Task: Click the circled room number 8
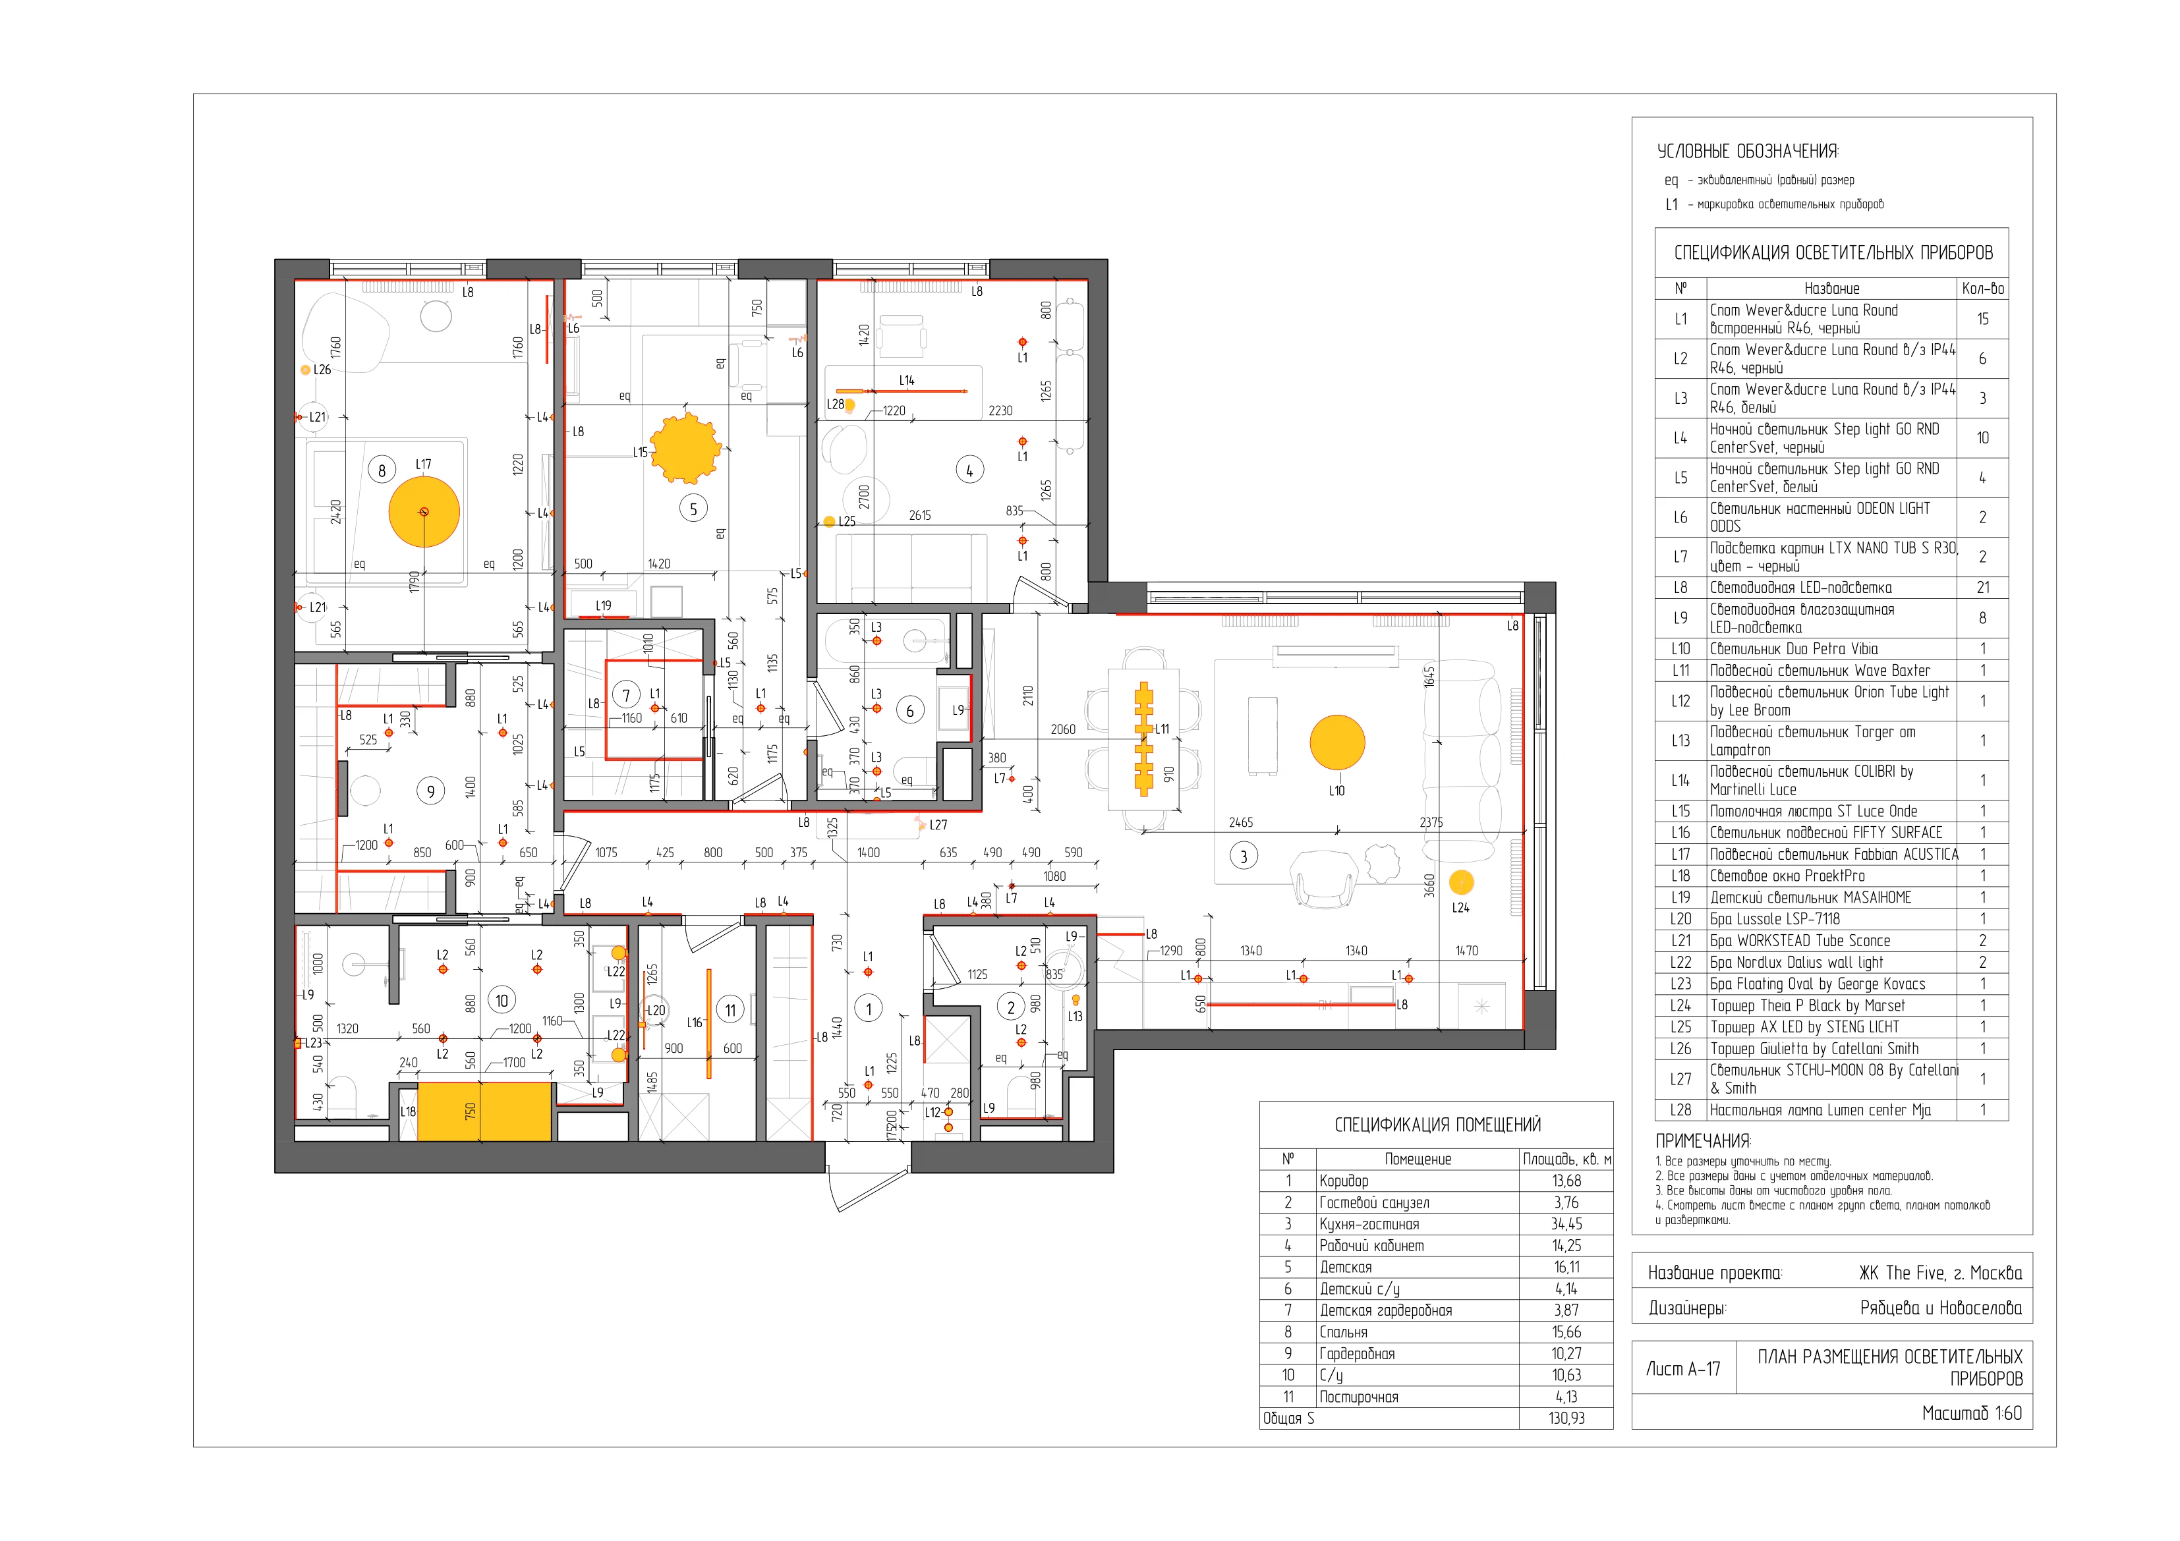coord(382,470)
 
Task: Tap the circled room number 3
coord(1244,856)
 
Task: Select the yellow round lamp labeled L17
coord(424,512)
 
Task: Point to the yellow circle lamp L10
coord(1337,742)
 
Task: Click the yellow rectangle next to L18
coord(484,1111)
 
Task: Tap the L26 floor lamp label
coord(323,370)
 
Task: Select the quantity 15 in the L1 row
coord(1982,319)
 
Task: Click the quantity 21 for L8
coord(1982,588)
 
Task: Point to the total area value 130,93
coord(1566,1418)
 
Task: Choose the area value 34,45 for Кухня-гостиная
coord(1566,1224)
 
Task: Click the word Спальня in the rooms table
coord(1344,1332)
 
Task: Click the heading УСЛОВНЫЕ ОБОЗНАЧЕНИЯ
coord(1747,151)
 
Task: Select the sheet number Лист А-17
coord(1683,1368)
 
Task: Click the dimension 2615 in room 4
coord(920,516)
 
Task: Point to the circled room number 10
coord(502,1000)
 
